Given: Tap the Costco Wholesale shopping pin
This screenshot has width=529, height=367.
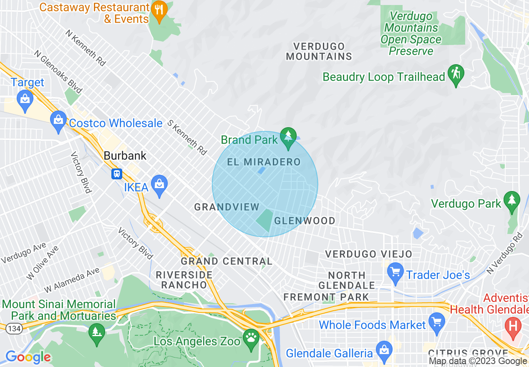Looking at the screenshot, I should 58,119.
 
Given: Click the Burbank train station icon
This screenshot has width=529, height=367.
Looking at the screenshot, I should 116,173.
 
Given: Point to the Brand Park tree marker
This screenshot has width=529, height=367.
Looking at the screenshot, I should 287,137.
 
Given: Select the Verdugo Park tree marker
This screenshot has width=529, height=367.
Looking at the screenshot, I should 511,201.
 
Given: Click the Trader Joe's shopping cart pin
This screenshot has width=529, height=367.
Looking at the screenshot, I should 395,272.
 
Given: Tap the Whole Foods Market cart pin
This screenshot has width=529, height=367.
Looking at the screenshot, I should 437,322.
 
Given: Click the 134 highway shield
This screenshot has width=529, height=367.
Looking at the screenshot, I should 14,329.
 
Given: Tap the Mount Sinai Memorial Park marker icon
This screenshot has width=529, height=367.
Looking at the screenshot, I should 97,332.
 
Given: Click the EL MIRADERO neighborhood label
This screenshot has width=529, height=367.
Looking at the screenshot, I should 264,162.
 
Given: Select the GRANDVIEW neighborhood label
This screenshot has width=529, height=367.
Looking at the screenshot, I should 227,206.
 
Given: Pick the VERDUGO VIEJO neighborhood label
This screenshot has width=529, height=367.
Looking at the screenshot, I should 368,254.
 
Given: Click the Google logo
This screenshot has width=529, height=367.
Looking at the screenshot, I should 28,357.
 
